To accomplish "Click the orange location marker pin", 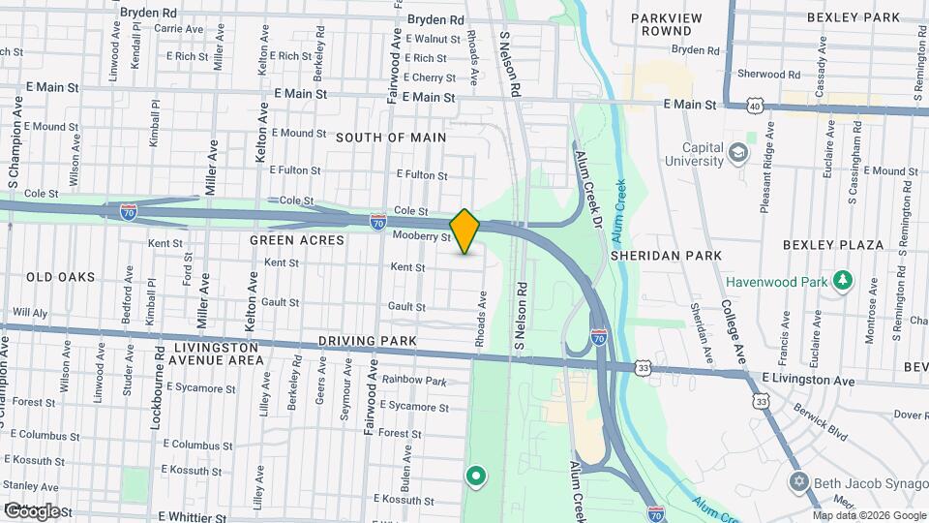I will [x=464, y=231].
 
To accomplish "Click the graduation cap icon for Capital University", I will [x=739, y=153].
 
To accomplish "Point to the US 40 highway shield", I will [x=754, y=104].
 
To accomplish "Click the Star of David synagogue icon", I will [x=798, y=481].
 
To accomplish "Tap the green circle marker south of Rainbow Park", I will [x=475, y=476].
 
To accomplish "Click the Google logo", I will [x=31, y=510].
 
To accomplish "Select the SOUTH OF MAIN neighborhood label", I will [x=391, y=138].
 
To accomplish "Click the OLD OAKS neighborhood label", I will [x=61, y=277].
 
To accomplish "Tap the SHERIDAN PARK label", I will [x=666, y=256].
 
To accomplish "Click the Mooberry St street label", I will [x=422, y=236].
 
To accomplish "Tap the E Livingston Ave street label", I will [x=808, y=381].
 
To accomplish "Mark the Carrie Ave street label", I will [x=178, y=29].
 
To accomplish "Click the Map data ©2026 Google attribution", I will [x=869, y=515].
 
